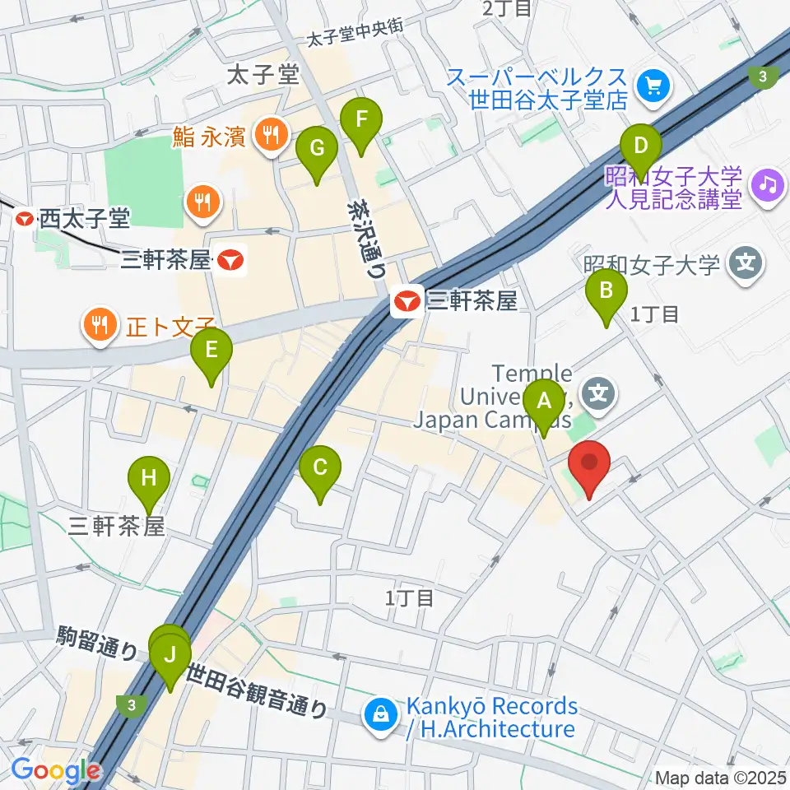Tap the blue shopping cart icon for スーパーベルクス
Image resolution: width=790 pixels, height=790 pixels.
655,84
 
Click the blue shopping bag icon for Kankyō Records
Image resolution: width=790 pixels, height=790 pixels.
382,713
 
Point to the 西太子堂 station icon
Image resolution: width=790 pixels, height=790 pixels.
26,219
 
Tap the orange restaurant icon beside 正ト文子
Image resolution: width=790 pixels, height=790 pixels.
100,323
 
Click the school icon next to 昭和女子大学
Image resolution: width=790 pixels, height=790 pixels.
746,265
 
